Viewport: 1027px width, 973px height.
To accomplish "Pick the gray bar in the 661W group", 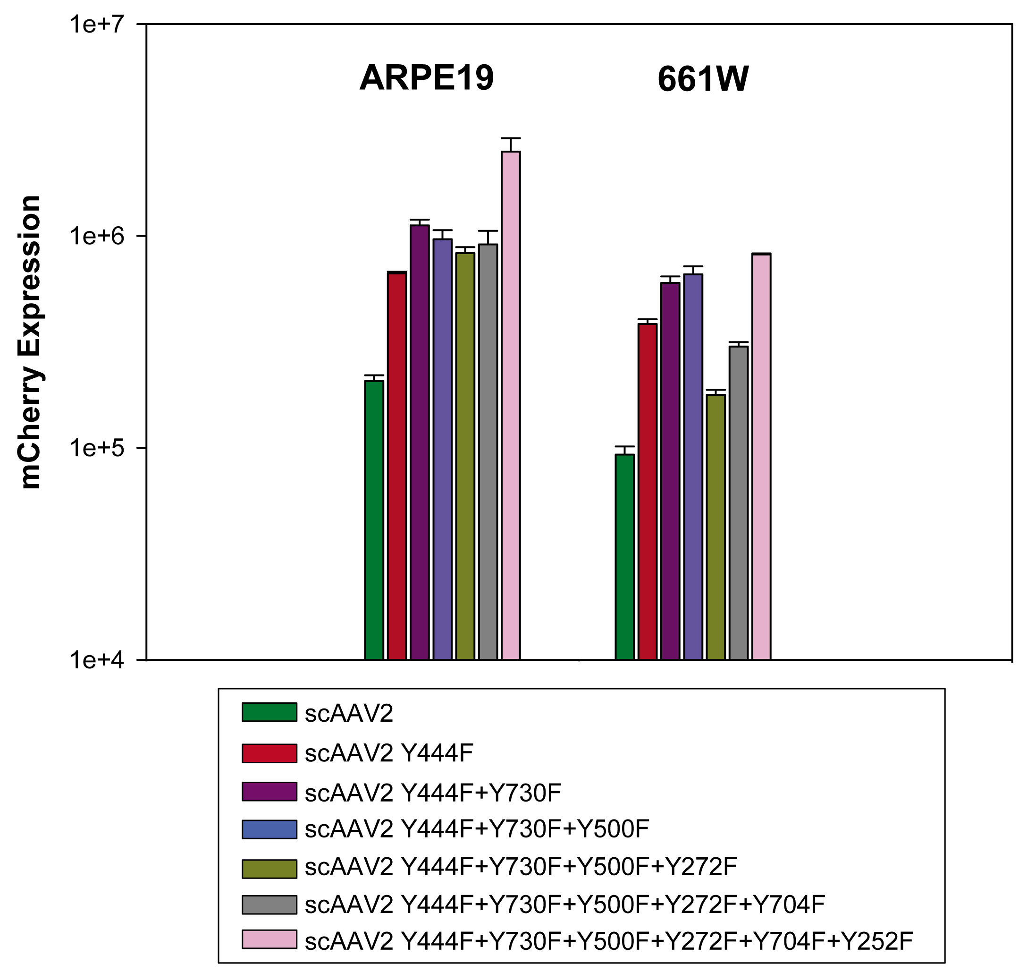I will (738, 503).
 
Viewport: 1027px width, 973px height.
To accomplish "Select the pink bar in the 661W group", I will (761, 456).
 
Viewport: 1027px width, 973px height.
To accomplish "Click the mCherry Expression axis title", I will (30, 342).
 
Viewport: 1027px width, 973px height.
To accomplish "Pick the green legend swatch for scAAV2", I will (269, 712).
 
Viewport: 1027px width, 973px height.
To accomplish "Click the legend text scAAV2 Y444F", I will (388, 753).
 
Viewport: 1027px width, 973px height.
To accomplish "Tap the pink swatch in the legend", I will (269, 939).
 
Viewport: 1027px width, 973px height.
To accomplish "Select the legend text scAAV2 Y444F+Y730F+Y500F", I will (477, 829).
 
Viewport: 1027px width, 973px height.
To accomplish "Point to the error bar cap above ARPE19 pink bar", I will (510, 138).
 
